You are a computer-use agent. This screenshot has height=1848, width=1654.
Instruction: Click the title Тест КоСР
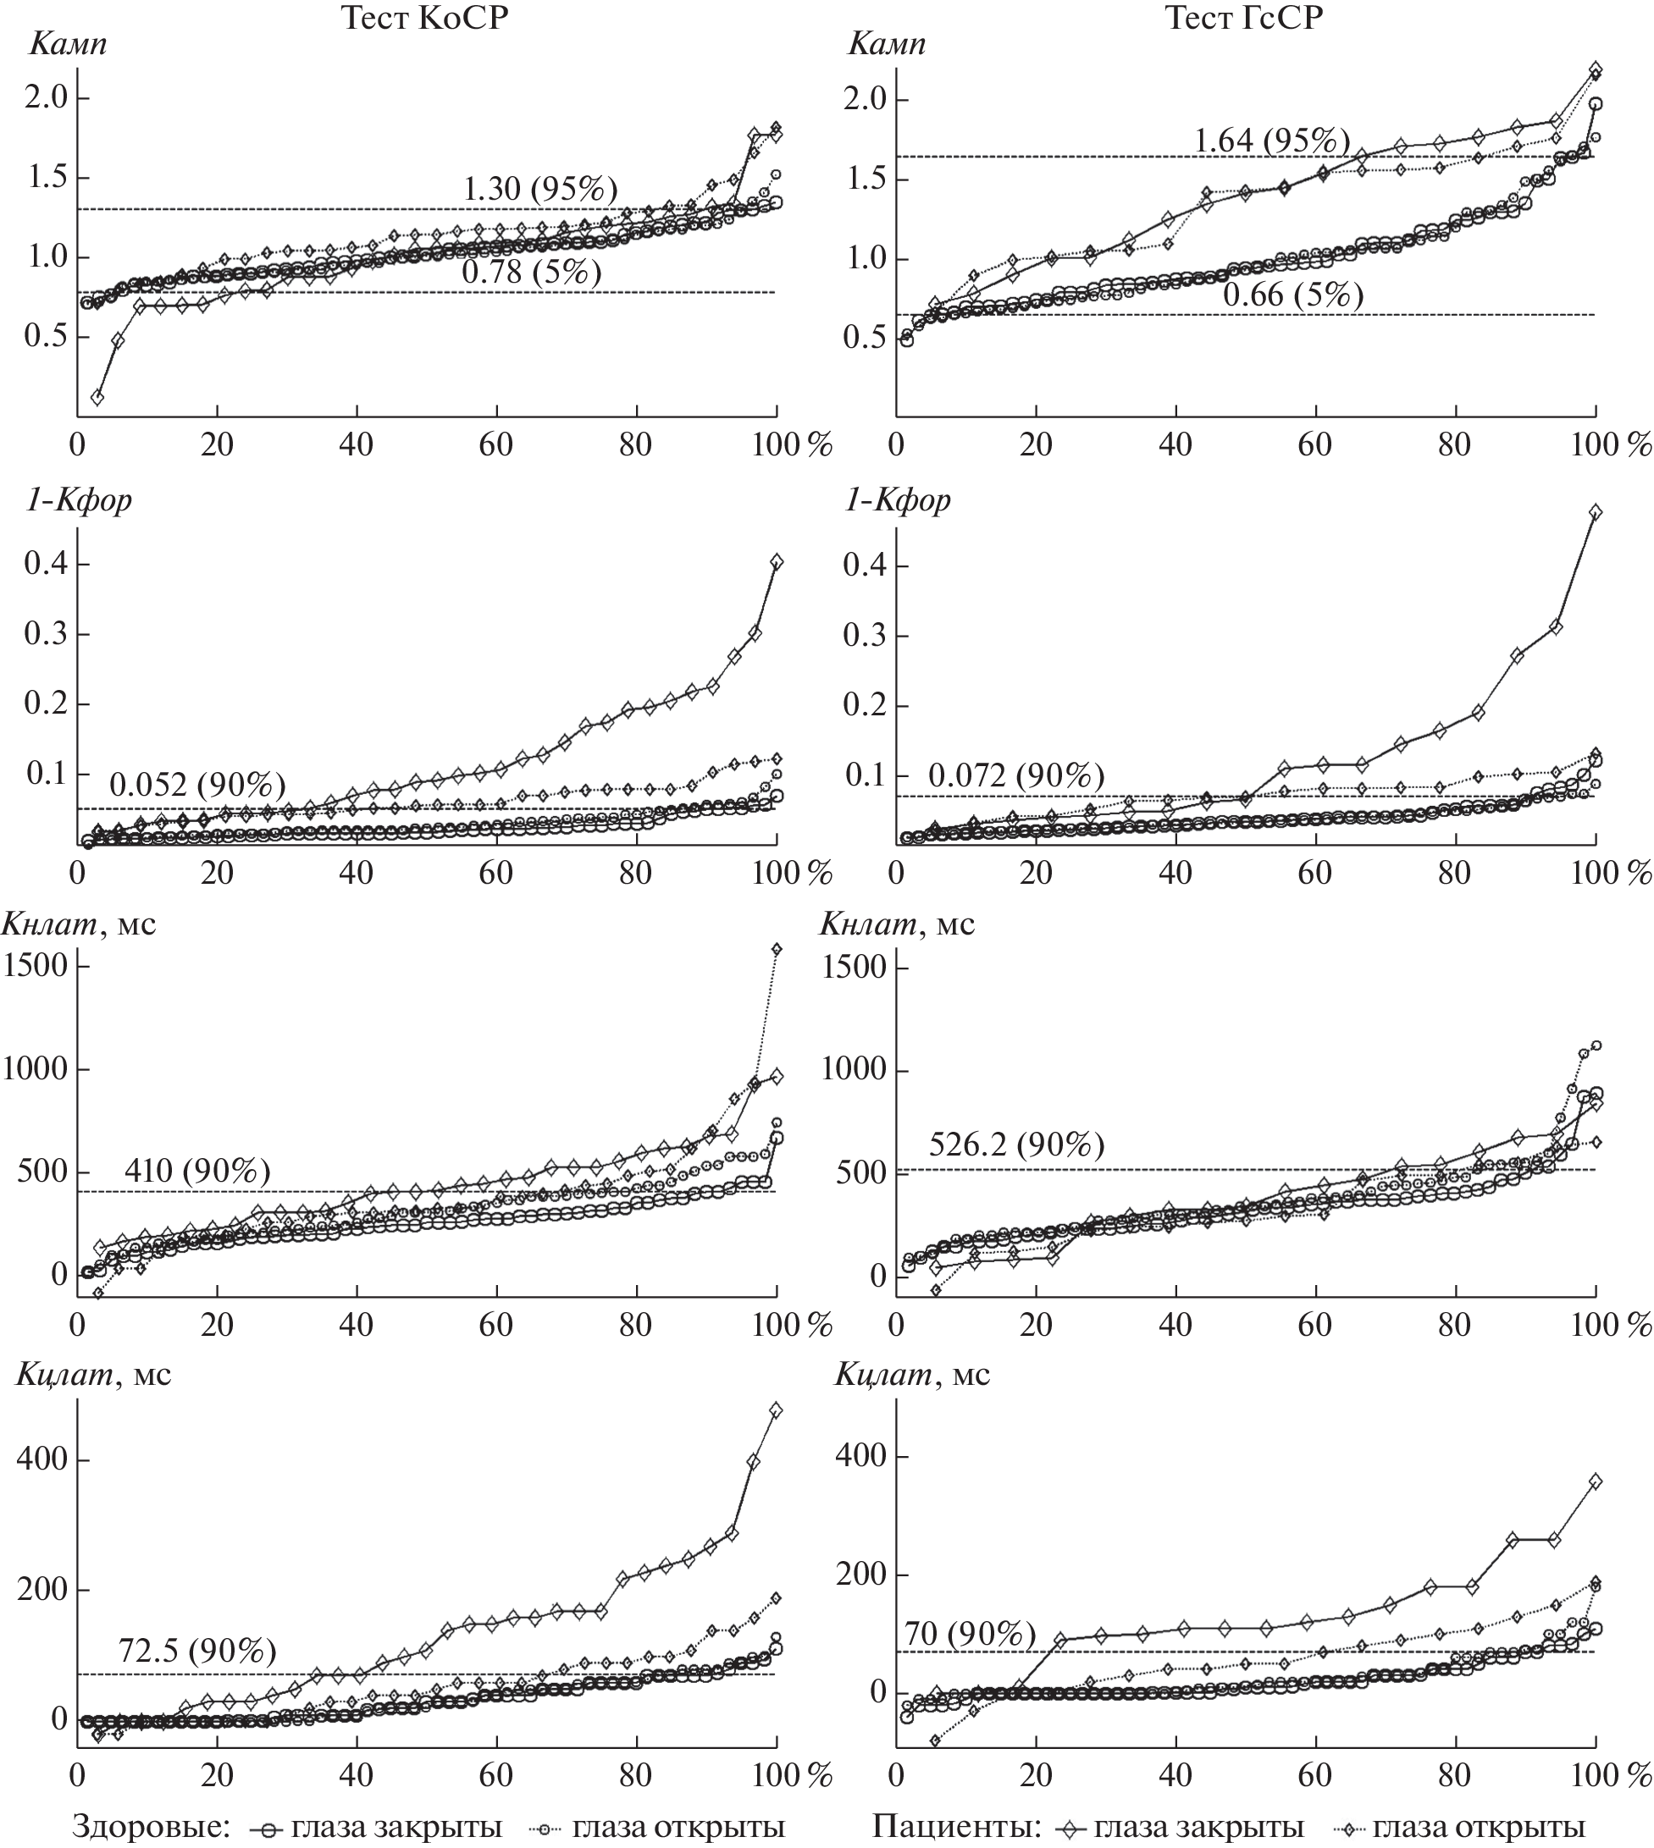pos(424,18)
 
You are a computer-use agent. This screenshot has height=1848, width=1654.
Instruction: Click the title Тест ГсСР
pos(1245,18)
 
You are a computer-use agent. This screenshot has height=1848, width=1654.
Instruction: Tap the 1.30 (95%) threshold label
pos(539,189)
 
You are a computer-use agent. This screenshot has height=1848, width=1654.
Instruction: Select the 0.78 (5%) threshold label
pos(532,272)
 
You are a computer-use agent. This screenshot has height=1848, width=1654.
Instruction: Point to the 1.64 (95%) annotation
pos(1270,141)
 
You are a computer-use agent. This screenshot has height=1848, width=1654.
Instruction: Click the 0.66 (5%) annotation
pos(1292,295)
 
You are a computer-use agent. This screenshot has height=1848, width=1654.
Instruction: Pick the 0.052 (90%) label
pos(197,784)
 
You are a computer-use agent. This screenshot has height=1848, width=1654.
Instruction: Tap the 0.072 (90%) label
pos(1016,776)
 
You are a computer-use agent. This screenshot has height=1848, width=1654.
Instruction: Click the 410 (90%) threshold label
pos(197,1171)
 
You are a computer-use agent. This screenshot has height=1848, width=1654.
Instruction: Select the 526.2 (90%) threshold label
pos(1016,1145)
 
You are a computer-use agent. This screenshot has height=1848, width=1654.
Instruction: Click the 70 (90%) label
pos(970,1636)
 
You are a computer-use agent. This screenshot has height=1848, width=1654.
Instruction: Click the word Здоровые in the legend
pos(150,1827)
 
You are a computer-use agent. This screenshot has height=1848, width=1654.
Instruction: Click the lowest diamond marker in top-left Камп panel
pos(97,397)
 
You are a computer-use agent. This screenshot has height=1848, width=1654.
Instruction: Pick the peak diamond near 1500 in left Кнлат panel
pos(776,950)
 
